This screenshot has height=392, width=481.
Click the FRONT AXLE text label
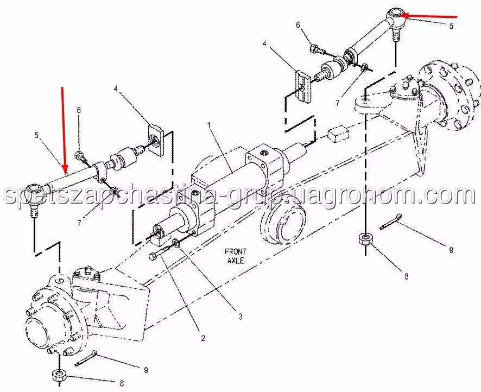click(235, 256)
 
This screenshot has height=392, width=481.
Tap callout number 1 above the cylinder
click(209, 125)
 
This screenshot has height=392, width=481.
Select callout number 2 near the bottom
click(202, 338)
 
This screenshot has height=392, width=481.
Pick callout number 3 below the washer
click(240, 316)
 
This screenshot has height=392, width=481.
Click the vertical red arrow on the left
click(64, 129)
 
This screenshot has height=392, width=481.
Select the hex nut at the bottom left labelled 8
click(59, 375)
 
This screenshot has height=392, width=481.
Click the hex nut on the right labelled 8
click(365, 239)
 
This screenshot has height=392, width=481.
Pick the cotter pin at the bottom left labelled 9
click(86, 359)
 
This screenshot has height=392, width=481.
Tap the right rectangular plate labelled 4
click(303, 86)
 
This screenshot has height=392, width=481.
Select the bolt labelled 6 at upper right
click(317, 49)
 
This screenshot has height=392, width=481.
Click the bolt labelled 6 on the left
click(81, 156)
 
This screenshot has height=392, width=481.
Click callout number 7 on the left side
click(79, 223)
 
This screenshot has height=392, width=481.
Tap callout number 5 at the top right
click(451, 26)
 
